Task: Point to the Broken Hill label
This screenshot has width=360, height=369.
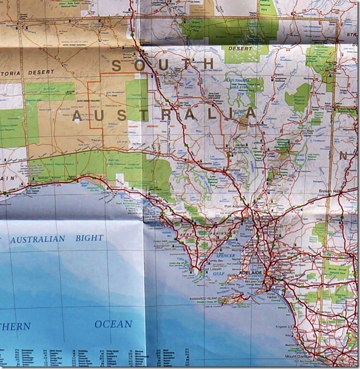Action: [330, 192]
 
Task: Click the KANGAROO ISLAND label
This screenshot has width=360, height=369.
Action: [206, 298]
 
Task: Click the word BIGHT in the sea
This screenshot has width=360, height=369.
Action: [90, 237]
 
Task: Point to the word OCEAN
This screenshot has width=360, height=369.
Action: [113, 323]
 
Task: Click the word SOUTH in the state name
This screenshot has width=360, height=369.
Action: [163, 64]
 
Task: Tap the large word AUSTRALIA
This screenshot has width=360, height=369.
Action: [164, 114]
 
